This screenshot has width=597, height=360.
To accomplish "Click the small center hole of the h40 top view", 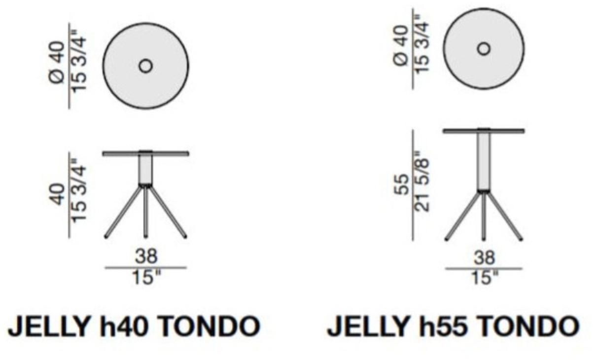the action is pos(146,66).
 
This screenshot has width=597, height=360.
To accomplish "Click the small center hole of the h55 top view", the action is pos(484,49).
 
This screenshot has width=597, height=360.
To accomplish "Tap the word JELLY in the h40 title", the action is pos(48,326).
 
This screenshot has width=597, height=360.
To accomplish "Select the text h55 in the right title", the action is pos(442,326).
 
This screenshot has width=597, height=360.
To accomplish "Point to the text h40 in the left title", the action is pos(123,326).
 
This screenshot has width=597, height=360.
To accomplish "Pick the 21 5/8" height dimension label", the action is pos(422,181).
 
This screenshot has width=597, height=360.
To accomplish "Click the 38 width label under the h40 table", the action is pos(146,256).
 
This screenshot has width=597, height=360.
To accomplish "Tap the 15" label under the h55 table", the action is pos(485,278).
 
